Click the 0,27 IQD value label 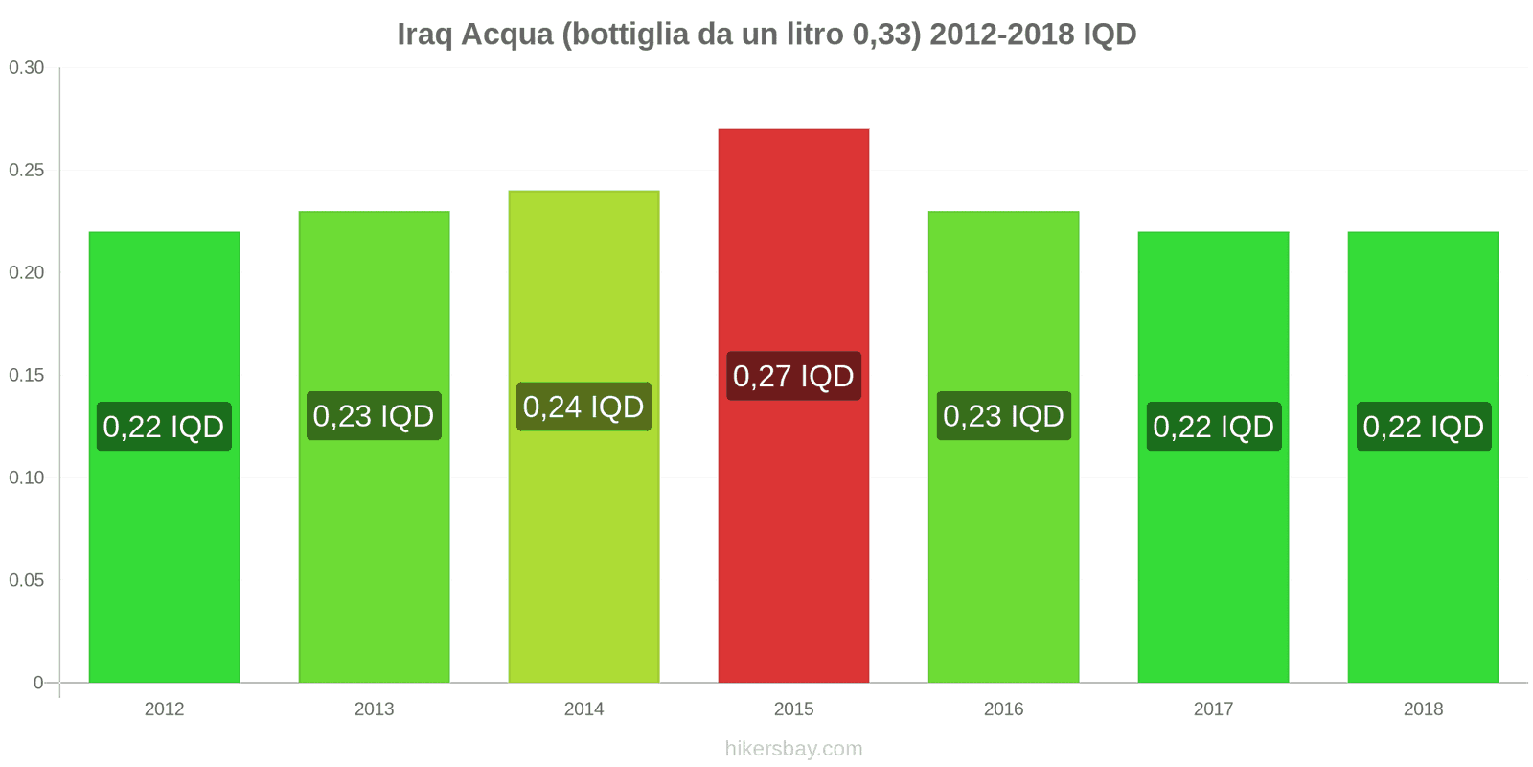[793, 376]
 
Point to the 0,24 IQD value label [583, 407]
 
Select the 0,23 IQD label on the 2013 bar [374, 416]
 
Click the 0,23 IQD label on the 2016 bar [1003, 416]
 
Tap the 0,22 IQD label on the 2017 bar [1213, 427]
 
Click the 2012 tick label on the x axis [164, 709]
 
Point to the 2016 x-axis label [1003, 709]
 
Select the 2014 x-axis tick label [583, 709]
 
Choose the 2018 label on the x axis [1423, 709]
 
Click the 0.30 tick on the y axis [27, 68]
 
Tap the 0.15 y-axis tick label [27, 376]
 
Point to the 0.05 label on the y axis [27, 581]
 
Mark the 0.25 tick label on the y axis [27, 171]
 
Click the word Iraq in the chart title [424, 35]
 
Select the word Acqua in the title [507, 35]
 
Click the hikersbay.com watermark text [793, 749]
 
